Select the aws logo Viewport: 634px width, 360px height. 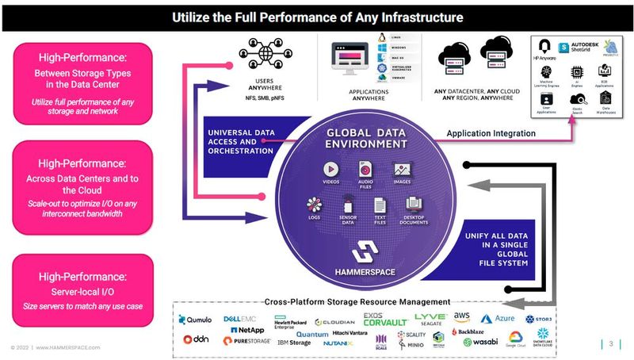pyautogui.click(x=461, y=316)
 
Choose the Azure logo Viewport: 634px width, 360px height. pyautogui.click(x=499, y=317)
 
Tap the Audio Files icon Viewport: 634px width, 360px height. pyautogui.click(x=365, y=170)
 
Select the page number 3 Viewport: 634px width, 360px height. pyautogui.click(x=611, y=343)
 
